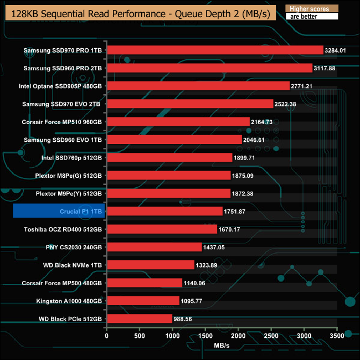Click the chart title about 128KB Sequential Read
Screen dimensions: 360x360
click(x=138, y=14)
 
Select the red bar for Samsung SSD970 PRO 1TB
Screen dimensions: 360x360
click(x=214, y=50)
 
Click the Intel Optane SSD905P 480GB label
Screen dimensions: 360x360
click(x=60, y=86)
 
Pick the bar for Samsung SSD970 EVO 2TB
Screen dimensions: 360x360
click(x=189, y=104)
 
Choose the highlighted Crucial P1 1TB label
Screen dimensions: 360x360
click(x=58, y=211)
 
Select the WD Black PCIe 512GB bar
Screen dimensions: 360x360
click(x=139, y=318)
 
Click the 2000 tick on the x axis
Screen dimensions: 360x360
click(x=238, y=335)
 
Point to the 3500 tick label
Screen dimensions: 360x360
click(x=336, y=335)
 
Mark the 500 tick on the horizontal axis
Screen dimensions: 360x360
click(x=139, y=335)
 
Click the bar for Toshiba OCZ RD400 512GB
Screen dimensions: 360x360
click(x=162, y=229)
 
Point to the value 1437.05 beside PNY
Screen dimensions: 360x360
click(x=218, y=247)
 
